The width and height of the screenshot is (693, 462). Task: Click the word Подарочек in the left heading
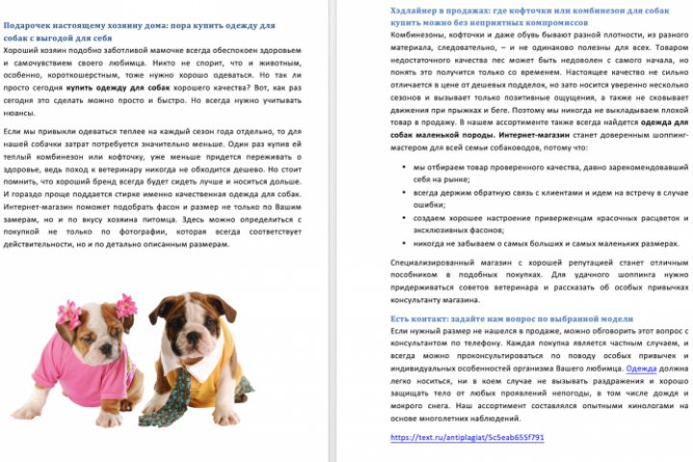click(31, 25)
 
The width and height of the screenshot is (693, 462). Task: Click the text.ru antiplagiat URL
click(467, 437)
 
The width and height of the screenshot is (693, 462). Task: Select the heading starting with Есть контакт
click(511, 318)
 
